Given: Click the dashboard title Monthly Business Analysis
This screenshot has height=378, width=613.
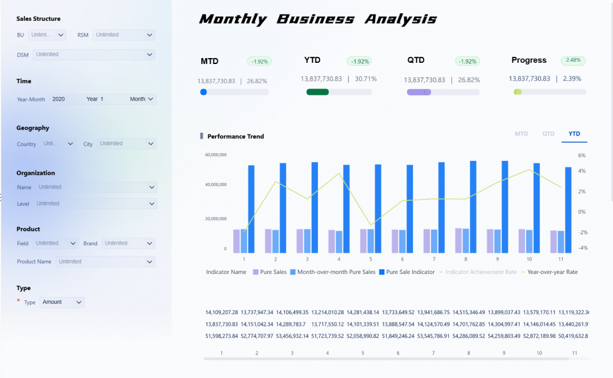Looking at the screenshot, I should coord(318,19).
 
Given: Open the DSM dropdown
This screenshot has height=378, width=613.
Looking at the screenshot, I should coord(95,54).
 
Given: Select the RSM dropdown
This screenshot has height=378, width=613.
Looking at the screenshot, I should coord(124,35).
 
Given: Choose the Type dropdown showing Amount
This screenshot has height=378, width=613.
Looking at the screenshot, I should coord(62,302).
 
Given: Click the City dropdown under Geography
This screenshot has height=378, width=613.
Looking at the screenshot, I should coord(126,144).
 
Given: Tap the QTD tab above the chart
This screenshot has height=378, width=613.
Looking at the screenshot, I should coord(548,134).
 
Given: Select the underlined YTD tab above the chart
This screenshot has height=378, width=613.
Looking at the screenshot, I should coord(574,134).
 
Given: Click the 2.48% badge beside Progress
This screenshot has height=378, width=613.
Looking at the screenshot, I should coord(573,60).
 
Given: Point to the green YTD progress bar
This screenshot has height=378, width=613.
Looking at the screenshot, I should coord(317,92).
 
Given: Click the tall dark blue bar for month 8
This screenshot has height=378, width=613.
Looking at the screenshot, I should coord(473,206).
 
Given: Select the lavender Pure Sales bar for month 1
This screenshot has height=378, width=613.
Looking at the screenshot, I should coord(236,241).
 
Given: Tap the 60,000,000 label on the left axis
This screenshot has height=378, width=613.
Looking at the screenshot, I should coord(216,155).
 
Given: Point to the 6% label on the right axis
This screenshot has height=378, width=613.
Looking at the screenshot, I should coord(581,155).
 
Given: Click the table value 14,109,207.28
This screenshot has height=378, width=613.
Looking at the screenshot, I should coord(221,312).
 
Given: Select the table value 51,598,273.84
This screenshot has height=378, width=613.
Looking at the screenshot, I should coord(221,336).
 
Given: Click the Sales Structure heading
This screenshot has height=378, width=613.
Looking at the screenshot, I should coord(38,19).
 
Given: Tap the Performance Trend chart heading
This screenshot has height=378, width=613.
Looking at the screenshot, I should coord(235,136).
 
